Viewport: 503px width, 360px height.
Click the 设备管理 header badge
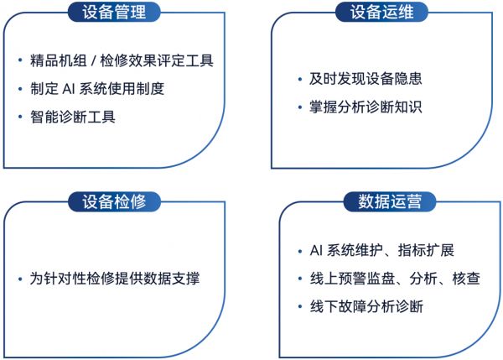[x=114, y=12]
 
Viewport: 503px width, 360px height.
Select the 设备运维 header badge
[x=381, y=12]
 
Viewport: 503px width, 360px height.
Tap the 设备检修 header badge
[x=114, y=201]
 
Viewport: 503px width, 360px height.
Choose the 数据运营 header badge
[x=390, y=201]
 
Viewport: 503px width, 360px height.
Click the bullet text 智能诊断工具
[x=73, y=117]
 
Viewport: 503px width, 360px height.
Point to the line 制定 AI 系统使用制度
[x=97, y=89]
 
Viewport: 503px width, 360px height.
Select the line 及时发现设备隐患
[x=366, y=79]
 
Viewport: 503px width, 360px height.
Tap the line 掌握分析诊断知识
[x=366, y=107]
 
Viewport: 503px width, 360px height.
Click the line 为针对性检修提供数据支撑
[x=115, y=279]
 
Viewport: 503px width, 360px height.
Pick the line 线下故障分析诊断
[x=366, y=306]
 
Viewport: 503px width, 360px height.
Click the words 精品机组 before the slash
[x=59, y=60]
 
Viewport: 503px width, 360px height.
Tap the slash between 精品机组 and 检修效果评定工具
[x=93, y=60]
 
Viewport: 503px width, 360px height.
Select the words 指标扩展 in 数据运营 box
[x=426, y=250]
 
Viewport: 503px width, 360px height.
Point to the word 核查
[x=466, y=279]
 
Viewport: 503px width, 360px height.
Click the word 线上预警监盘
[x=352, y=279]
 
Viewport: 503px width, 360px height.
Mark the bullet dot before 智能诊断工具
[x=20, y=117]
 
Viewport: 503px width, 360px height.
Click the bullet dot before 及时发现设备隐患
[x=300, y=79]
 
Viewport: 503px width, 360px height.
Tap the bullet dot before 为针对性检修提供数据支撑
[x=20, y=279]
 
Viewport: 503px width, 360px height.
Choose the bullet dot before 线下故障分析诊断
[x=300, y=306]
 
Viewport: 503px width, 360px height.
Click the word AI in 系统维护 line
[x=316, y=251]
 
